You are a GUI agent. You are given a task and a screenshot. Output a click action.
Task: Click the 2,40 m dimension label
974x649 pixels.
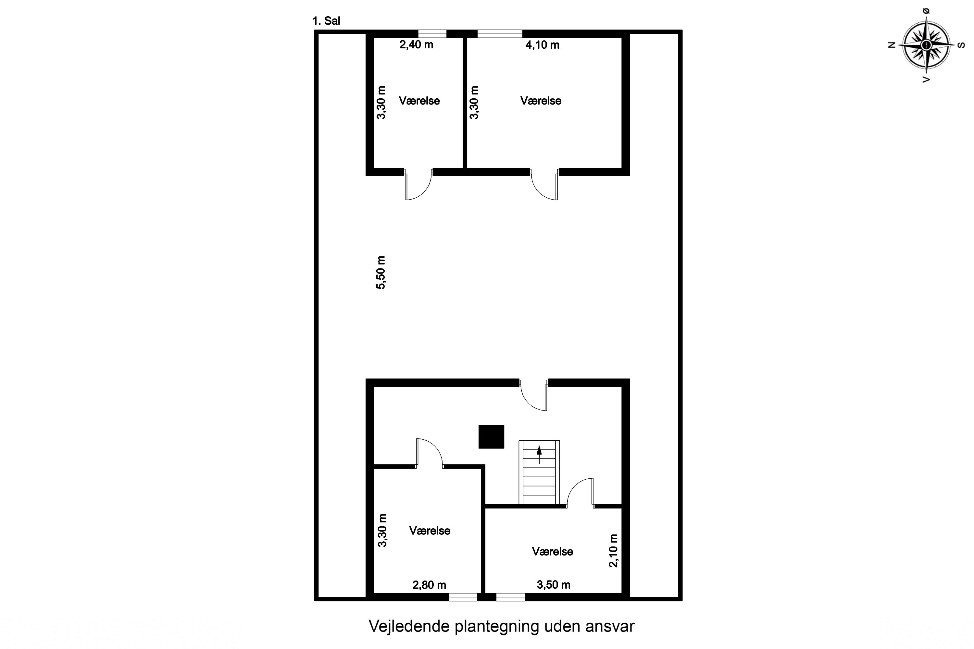point(416,45)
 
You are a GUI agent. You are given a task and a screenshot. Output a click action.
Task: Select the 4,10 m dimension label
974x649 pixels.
point(542,45)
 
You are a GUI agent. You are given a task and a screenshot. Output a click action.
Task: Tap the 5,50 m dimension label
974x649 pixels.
point(381,272)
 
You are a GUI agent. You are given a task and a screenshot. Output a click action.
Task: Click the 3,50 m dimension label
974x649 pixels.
point(553,584)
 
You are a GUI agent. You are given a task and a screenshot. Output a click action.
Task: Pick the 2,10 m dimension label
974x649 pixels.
point(613,550)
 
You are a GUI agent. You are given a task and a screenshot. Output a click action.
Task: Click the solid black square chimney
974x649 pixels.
point(491,437)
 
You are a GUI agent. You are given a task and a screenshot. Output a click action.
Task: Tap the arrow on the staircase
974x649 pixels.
point(539,455)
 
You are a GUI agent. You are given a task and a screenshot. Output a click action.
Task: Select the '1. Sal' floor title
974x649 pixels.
point(326,21)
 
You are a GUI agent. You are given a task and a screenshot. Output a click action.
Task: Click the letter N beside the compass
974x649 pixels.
point(892,45)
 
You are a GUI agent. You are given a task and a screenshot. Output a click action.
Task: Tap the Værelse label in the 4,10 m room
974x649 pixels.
point(541,101)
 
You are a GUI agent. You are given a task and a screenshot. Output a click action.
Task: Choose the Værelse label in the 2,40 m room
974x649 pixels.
point(419,101)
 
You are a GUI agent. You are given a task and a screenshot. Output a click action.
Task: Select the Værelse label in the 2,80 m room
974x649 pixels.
point(430,531)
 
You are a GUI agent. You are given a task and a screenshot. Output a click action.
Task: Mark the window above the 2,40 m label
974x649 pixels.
point(432,34)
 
